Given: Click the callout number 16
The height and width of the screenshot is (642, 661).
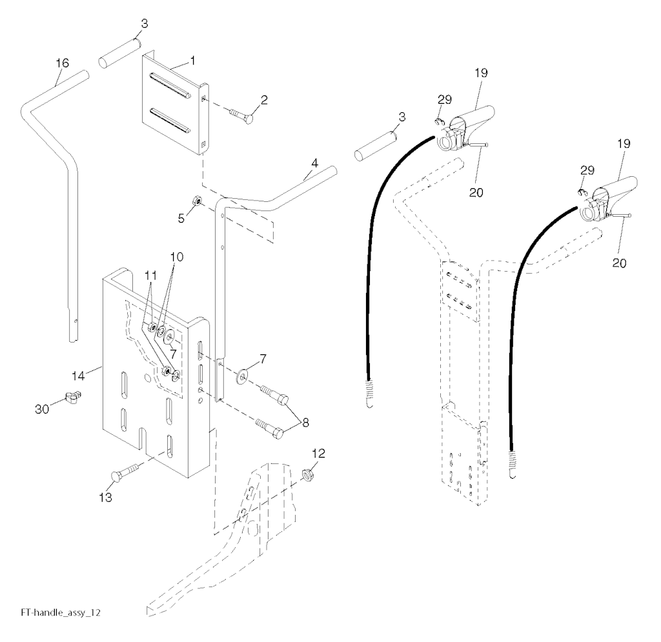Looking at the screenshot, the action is coord(63,63).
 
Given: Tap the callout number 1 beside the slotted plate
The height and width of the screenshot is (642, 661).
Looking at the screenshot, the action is coord(192,61).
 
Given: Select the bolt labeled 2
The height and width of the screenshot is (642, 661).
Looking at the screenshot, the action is coord(241,116).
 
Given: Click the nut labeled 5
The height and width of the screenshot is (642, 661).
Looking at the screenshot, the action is coord(197,201).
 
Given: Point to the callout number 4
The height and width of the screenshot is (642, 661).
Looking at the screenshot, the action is coord(315,163).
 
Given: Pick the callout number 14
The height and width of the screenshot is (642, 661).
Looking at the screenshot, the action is coord(78,376).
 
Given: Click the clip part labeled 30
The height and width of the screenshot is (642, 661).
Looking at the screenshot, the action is coord(73,396).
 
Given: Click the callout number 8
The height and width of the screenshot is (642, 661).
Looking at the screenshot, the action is coord(305,423).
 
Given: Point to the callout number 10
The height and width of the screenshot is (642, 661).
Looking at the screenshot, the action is coord(177,257).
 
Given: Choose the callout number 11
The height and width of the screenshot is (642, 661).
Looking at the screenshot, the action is coord(150,276).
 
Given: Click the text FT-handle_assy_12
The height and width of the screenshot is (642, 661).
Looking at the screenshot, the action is coord(61,612).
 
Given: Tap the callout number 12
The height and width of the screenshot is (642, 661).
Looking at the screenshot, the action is coord(319,454).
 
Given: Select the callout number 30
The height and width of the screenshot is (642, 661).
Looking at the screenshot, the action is coord(42,408).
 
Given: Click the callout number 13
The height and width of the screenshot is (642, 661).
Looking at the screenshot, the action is coord(105,497).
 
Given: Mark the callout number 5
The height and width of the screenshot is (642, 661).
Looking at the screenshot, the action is coord(181,219).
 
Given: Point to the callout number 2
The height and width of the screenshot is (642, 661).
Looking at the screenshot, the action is coord(264,100).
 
